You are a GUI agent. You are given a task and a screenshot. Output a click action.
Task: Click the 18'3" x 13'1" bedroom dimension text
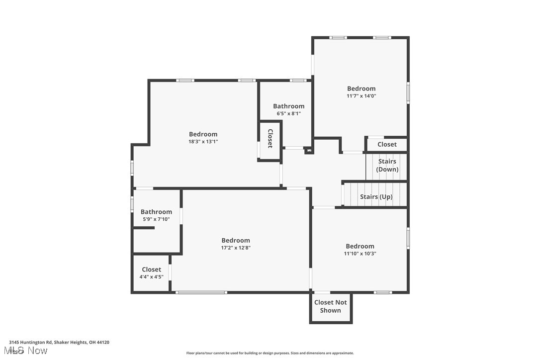[203, 142]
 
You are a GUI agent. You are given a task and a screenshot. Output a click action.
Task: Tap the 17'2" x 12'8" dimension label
[236, 248]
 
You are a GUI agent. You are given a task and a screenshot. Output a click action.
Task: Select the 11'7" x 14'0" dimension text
[361, 96]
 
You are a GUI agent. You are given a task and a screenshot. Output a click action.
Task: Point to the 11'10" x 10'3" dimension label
[360, 254]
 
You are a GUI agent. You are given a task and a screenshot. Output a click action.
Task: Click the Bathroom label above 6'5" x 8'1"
[288, 106]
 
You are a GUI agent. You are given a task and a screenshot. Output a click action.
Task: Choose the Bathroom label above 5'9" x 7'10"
[156, 212]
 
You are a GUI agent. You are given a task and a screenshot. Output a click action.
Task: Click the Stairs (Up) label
[376, 197]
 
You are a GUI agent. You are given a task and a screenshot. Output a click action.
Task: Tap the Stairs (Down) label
[387, 165]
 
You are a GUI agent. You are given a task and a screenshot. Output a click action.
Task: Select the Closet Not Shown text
[331, 306]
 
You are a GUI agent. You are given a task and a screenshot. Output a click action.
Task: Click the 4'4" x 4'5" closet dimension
[151, 277]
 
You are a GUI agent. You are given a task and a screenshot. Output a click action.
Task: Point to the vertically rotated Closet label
[270, 139]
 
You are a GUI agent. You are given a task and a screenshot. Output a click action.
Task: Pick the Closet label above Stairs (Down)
[387, 144]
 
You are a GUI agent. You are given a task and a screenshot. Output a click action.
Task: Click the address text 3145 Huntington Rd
[59, 342]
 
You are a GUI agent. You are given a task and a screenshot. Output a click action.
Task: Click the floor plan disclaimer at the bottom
[270, 353]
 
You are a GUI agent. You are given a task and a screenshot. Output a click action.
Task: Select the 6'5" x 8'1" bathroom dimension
[288, 113]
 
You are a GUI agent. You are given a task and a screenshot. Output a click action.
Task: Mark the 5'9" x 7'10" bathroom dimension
[156, 219]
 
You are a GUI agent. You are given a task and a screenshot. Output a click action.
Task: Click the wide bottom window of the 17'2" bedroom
[201, 292]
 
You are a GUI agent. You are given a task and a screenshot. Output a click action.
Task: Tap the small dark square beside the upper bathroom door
[309, 150]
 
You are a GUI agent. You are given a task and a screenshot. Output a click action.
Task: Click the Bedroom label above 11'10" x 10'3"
[360, 246]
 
